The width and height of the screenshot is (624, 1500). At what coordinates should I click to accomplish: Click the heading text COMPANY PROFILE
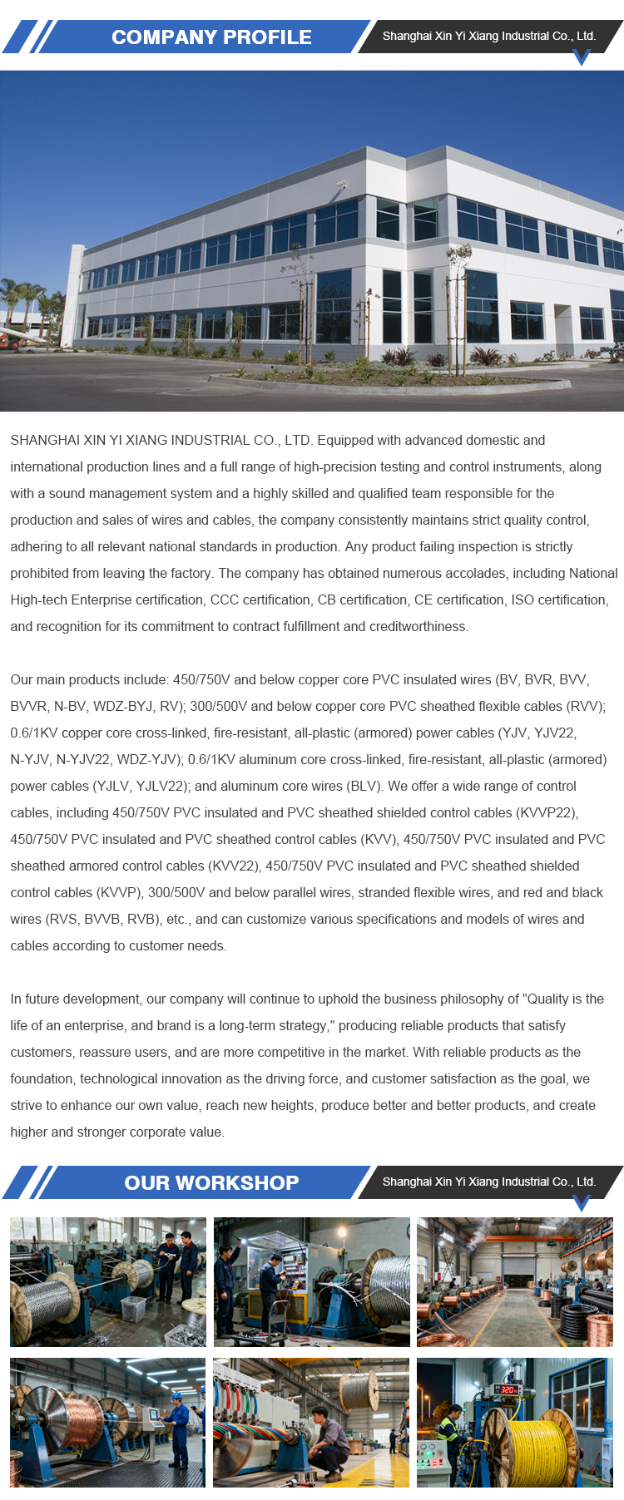(x=211, y=37)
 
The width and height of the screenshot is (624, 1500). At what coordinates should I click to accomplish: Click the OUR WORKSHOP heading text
(x=211, y=1182)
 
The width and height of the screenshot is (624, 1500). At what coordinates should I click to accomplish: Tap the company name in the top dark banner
(x=488, y=36)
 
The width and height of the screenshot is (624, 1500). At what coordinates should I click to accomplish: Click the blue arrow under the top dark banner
(x=582, y=57)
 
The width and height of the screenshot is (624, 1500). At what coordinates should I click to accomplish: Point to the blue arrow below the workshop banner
(x=582, y=1202)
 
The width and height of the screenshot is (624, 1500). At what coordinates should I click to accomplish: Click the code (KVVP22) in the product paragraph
(x=547, y=812)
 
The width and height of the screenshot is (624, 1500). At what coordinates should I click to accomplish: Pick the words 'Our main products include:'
(x=89, y=679)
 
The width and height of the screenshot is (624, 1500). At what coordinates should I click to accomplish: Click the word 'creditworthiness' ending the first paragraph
(x=416, y=626)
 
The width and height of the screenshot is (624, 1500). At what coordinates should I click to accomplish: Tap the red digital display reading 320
(x=508, y=1389)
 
